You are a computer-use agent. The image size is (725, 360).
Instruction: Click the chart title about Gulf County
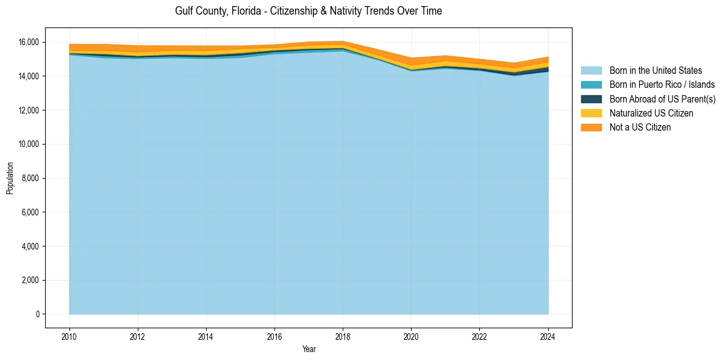[x=308, y=11]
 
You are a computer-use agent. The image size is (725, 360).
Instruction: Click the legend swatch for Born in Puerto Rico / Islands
[x=591, y=85]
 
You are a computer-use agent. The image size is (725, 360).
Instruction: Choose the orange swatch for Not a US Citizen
[x=591, y=127]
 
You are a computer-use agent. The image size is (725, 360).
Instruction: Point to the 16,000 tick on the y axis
[x=28, y=42]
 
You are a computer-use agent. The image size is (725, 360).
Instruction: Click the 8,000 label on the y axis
[x=30, y=178]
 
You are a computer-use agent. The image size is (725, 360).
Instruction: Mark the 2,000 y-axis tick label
[x=30, y=280]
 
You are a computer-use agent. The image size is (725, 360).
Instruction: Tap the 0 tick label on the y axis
[x=37, y=314]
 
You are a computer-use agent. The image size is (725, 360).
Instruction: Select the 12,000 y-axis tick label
[x=28, y=110]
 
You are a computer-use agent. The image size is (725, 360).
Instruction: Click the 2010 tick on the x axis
[x=70, y=336]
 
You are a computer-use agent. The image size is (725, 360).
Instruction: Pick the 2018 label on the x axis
[x=343, y=336]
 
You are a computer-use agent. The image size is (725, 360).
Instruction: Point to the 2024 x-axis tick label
[x=548, y=336]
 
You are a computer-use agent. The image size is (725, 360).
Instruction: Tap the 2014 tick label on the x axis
[x=206, y=336]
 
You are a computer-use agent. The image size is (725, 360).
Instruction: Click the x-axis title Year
[x=309, y=349]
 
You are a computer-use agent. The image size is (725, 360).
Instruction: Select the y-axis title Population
[x=10, y=178]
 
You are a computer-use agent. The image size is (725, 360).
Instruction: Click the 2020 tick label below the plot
[x=412, y=336]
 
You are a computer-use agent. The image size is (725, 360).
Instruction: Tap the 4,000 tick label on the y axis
[x=30, y=247]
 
